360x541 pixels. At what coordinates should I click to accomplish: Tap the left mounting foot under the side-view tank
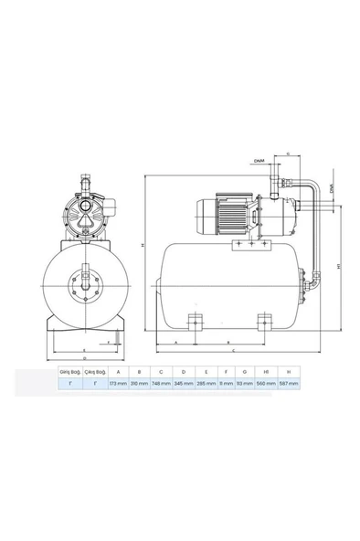[194, 322]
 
